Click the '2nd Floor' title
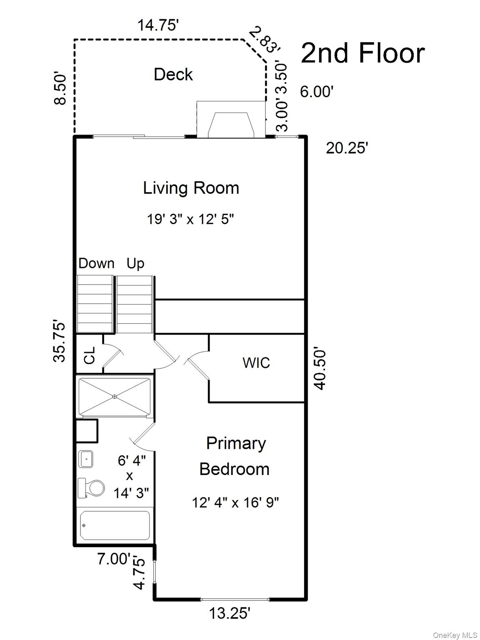362,53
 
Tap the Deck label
173,75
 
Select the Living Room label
191,188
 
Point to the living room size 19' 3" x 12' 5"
190,219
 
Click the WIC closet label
256,362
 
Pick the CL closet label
90,355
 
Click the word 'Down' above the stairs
96,263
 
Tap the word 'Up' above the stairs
135,263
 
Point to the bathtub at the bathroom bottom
115,525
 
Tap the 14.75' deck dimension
158,25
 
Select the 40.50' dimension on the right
320,369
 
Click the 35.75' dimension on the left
60,342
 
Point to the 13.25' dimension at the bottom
230,613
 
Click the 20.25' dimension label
347,148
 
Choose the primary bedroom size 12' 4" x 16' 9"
235,502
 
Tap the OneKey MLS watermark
455,635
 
